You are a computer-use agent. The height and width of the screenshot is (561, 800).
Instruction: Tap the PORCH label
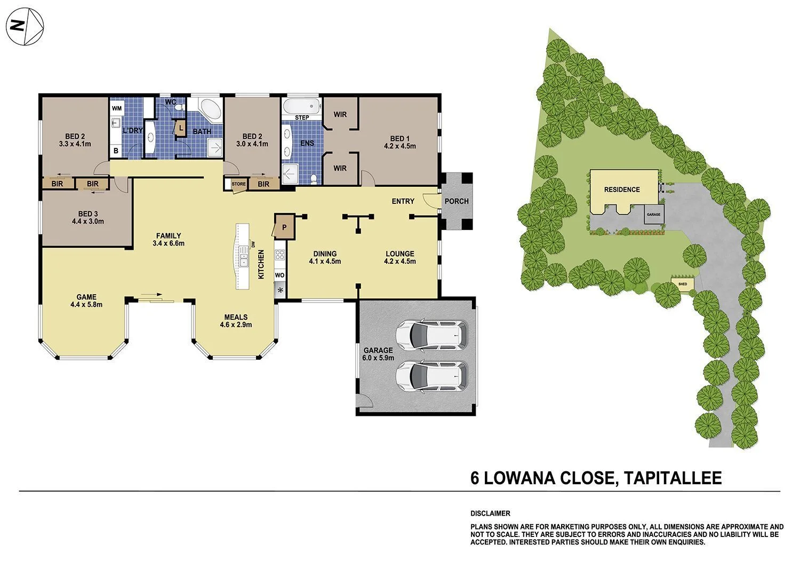coord(457,201)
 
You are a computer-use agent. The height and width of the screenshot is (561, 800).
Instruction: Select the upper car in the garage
coord(431,335)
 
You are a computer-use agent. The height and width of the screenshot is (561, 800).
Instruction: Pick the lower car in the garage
coord(431,376)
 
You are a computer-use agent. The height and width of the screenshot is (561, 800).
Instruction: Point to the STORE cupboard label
coord(238,184)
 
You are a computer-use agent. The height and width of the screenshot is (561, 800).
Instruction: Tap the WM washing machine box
coord(117,108)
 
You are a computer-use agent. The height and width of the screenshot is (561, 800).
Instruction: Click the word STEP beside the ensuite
coord(302,117)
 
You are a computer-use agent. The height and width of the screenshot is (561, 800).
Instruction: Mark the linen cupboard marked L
coord(181,129)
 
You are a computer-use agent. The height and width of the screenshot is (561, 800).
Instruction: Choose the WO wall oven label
coord(279,275)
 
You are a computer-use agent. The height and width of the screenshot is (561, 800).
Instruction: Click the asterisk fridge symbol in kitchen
coord(279,291)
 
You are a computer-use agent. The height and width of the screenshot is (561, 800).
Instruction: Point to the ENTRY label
coord(403,201)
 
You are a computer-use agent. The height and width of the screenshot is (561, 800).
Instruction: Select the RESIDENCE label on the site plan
coord(621,189)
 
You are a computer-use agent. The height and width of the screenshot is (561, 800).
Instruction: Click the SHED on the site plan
coord(683,283)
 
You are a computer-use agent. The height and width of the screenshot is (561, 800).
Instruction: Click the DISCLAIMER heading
coord(490,513)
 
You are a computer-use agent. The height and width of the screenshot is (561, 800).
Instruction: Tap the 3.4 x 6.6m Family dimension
coord(168,243)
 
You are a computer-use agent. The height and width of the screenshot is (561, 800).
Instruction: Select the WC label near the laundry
coord(171,101)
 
